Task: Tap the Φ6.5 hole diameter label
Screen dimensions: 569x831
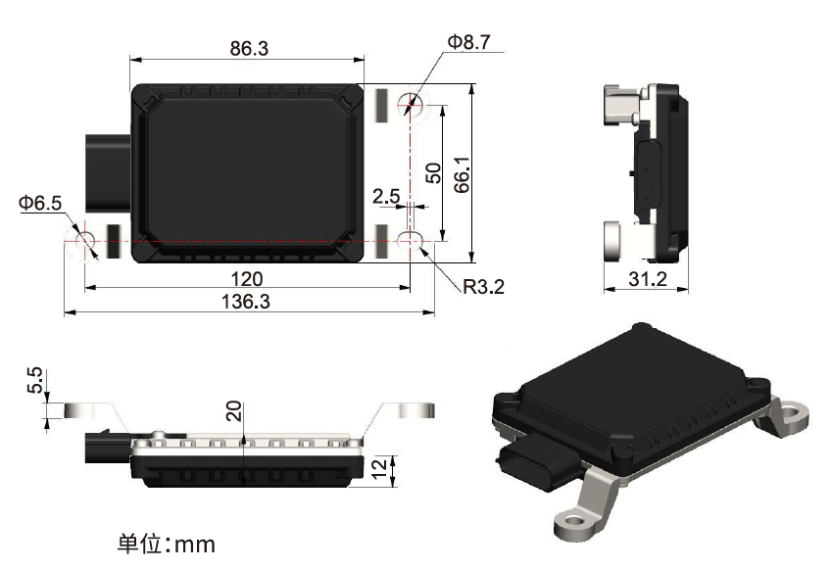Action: coord(39,203)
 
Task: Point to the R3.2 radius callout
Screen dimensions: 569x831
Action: coord(484,287)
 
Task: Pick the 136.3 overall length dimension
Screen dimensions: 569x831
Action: coord(247,302)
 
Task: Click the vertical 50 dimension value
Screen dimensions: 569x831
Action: coord(434,172)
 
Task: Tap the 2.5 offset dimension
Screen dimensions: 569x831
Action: coord(386,195)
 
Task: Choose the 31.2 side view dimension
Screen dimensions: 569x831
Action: coord(647,279)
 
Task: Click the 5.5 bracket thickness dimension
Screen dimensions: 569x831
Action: coord(34,381)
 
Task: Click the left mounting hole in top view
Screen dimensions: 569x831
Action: coord(84,240)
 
